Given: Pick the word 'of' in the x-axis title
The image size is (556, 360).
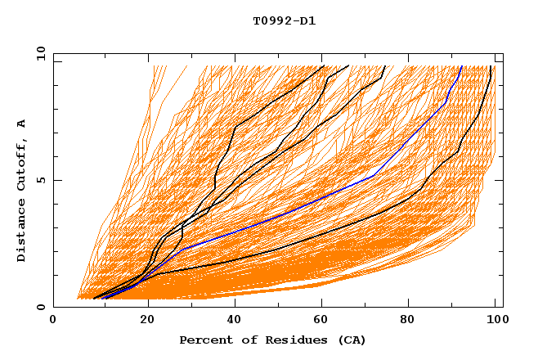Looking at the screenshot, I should pos(246,340).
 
